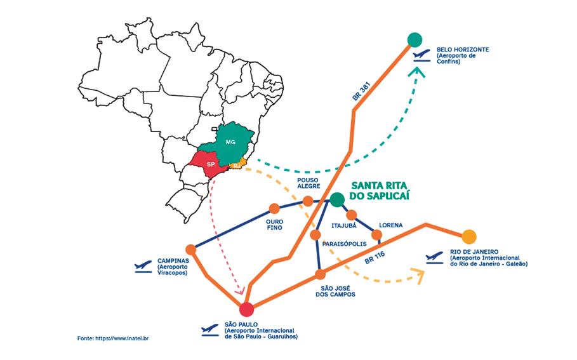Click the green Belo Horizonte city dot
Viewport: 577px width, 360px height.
(415, 39)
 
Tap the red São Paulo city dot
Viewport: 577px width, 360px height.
(247, 309)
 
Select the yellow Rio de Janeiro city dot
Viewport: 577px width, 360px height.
(468, 237)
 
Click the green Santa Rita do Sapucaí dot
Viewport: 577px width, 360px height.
(336, 199)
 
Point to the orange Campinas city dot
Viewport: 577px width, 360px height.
(190, 250)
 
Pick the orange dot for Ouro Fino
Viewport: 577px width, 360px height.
(274, 208)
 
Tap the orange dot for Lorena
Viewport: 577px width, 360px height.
(376, 236)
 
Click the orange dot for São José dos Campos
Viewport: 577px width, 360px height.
(321, 274)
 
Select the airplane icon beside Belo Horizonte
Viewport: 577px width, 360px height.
(421, 55)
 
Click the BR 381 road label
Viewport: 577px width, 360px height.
(361, 92)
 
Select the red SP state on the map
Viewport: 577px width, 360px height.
(209, 163)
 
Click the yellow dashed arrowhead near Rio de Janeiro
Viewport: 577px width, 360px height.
(419, 274)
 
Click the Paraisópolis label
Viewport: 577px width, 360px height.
(345, 243)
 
